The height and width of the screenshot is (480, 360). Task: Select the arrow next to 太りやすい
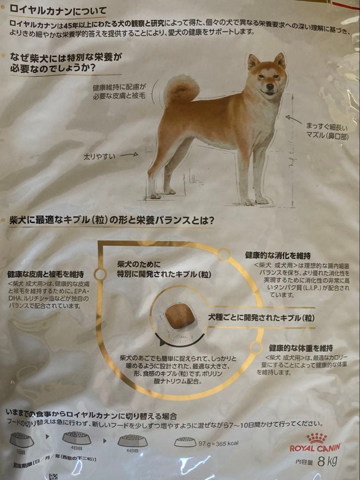[129, 155]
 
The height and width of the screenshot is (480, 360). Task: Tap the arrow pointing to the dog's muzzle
[294, 119]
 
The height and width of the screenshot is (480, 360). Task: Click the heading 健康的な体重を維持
[300, 348]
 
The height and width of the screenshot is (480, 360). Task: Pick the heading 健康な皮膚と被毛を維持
[45, 274]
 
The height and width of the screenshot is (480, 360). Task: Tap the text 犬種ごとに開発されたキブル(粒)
[262, 318]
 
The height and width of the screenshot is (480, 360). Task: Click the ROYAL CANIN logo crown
[316, 438]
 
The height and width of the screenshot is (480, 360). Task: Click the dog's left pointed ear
[253, 61]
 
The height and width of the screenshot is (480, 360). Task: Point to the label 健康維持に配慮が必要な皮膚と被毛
[119, 92]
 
